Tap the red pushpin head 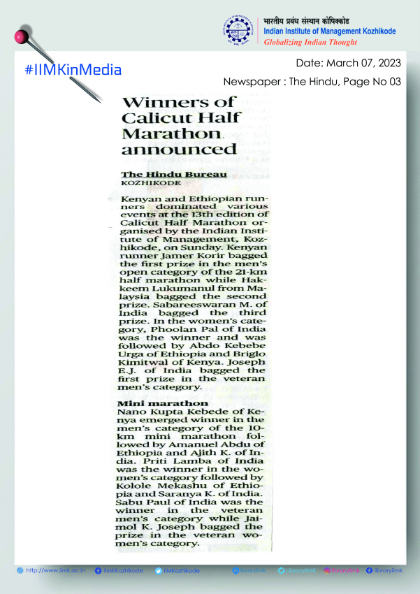[x=21, y=35]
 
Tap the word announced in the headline [x=179, y=149]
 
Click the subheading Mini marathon [x=162, y=403]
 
